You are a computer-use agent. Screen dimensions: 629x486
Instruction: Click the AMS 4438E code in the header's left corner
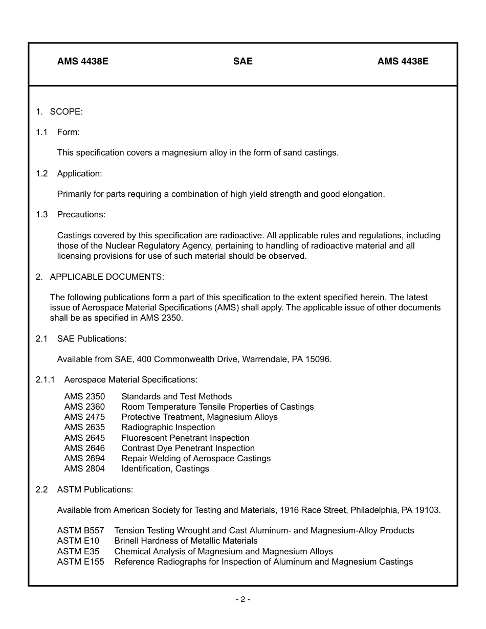(x=82, y=61)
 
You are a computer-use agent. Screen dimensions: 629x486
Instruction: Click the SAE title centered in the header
(x=242, y=61)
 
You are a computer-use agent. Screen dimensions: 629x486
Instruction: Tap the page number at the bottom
(x=242, y=599)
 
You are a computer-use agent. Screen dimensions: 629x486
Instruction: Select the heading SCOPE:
(x=66, y=111)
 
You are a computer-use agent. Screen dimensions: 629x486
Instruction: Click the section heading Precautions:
(x=81, y=214)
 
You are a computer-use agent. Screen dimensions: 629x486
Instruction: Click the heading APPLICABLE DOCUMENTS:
(x=107, y=277)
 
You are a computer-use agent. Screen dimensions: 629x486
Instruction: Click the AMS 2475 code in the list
(x=84, y=417)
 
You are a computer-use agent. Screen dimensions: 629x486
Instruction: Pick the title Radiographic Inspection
(x=168, y=427)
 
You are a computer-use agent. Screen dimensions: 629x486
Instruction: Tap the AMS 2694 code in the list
(x=84, y=458)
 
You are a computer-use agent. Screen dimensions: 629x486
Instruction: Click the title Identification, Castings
(x=165, y=468)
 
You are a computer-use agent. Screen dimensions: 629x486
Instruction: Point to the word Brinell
(x=127, y=541)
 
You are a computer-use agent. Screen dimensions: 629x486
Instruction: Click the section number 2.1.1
(x=45, y=379)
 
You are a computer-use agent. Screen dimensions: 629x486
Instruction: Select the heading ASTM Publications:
(x=95, y=489)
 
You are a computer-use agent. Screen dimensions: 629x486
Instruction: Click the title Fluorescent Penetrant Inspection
(x=185, y=438)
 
